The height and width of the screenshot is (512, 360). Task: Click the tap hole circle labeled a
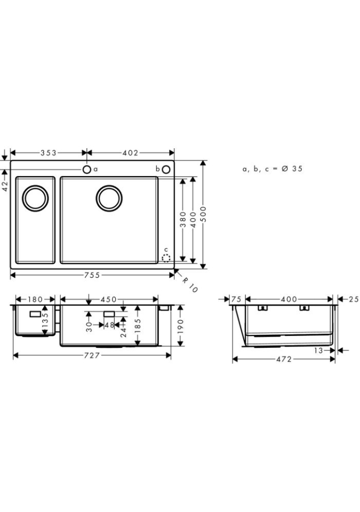click(86, 170)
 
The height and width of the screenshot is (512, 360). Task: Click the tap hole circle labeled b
click(166, 170)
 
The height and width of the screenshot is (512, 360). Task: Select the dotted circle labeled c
click(166, 258)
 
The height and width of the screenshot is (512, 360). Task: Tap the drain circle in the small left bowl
click(35, 198)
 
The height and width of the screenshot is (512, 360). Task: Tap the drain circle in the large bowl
click(109, 198)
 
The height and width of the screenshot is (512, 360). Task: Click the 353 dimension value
click(49, 153)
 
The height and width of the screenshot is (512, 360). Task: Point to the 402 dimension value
click(131, 153)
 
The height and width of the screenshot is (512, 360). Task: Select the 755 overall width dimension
click(92, 275)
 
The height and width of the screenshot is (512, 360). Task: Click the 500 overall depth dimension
click(203, 214)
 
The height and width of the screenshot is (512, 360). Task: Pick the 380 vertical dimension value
click(183, 219)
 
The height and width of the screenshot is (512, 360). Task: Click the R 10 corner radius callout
click(189, 284)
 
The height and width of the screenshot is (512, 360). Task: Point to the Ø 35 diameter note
click(292, 169)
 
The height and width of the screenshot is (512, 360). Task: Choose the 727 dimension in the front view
click(92, 355)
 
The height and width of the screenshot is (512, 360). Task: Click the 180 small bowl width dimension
click(35, 299)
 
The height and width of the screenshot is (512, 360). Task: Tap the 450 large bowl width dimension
click(108, 299)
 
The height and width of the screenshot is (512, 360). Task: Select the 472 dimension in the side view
click(284, 359)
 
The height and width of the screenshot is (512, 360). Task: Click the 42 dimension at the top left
click(5, 186)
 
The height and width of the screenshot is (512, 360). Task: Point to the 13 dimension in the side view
click(318, 350)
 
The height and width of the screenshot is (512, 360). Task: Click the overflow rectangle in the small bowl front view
click(35, 314)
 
